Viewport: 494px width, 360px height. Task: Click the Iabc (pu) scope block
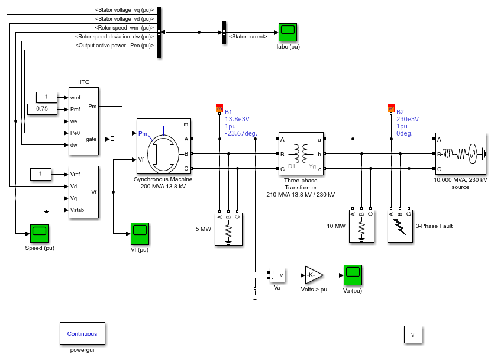point(288,32)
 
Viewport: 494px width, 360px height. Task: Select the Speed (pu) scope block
point(40,234)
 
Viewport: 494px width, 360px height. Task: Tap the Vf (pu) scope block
point(140,234)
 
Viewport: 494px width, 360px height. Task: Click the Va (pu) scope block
point(353,275)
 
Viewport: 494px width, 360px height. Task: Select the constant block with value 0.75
point(42,109)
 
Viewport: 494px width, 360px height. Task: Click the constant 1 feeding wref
point(47,97)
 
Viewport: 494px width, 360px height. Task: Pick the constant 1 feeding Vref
point(41,174)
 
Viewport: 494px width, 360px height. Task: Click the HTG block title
point(83,82)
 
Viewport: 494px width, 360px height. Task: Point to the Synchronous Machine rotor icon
point(163,154)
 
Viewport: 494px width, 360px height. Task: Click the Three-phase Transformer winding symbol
point(301,153)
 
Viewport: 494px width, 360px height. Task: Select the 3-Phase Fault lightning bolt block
point(400,226)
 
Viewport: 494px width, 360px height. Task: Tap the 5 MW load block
point(229,229)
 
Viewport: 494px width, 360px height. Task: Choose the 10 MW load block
point(361,226)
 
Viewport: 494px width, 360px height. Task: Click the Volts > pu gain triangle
point(314,275)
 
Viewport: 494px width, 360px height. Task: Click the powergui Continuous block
point(83,333)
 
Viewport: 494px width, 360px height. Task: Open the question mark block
point(413,335)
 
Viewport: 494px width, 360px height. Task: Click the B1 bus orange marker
point(219,108)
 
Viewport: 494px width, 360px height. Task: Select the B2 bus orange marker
point(391,108)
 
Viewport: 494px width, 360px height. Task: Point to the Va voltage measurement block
point(277,275)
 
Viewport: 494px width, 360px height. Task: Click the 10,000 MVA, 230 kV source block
point(461,154)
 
